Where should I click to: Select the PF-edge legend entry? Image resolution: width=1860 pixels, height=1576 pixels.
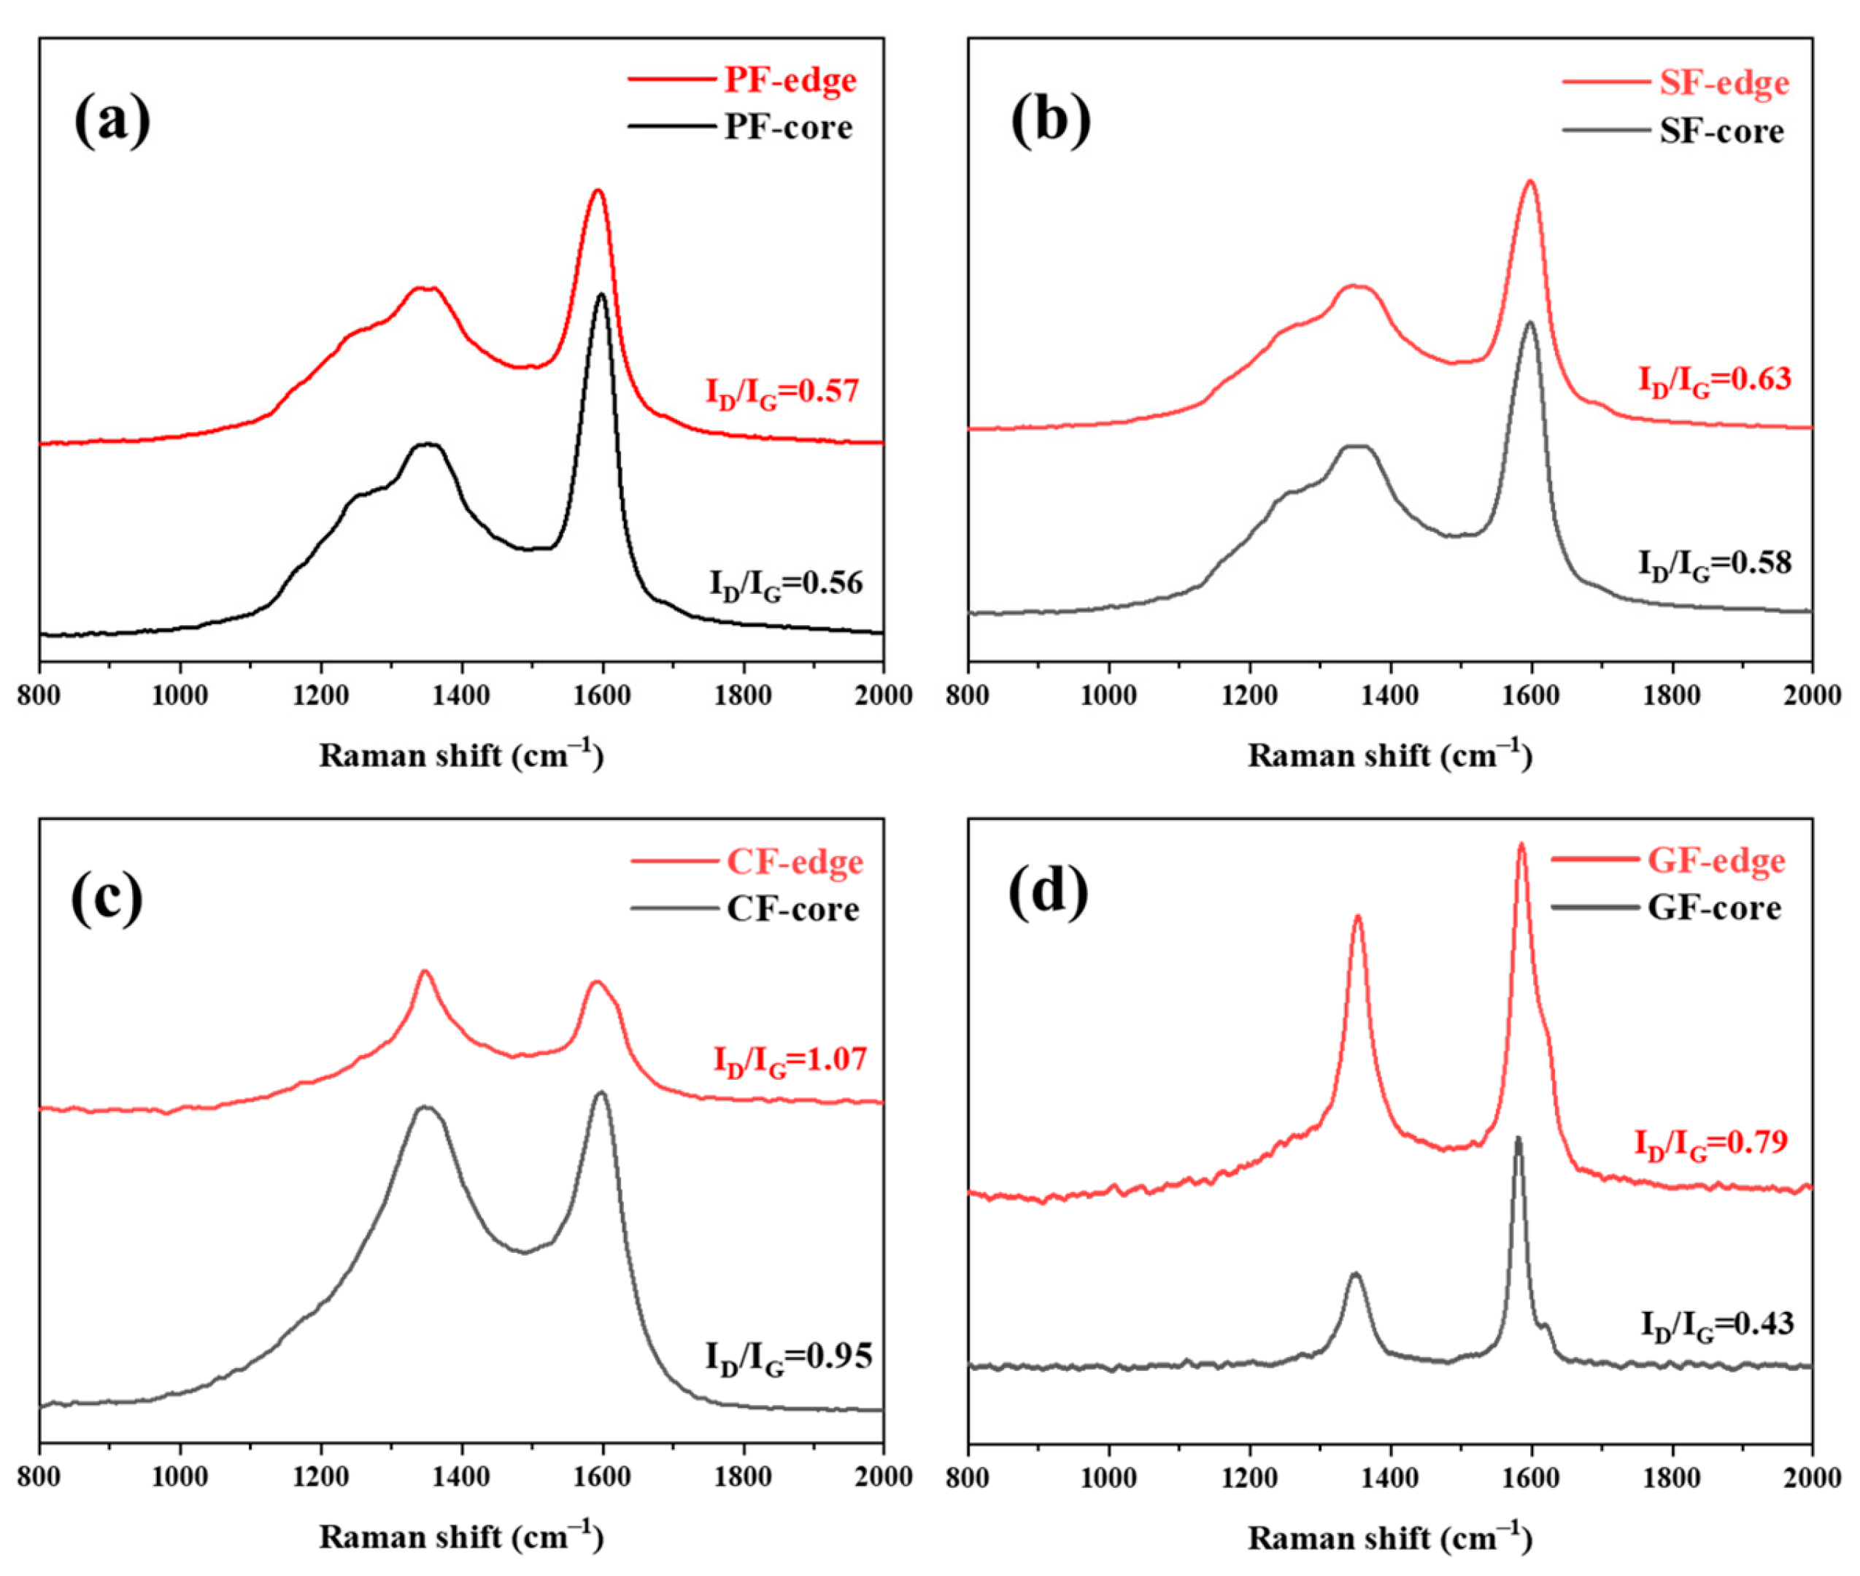pyautogui.click(x=789, y=80)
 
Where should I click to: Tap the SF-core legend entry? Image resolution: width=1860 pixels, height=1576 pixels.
pyautogui.click(x=1721, y=131)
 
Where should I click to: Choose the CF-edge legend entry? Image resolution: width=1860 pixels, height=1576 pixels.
pyautogui.click(x=794, y=862)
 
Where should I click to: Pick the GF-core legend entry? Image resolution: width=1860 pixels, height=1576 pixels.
pyautogui.click(x=1713, y=908)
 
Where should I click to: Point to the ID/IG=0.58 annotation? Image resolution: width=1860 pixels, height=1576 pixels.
pyautogui.click(x=1713, y=564)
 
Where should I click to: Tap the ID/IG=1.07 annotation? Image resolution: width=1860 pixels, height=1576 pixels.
pyautogui.click(x=789, y=1060)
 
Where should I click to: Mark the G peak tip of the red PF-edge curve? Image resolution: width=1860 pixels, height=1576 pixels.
pyautogui.click(x=598, y=190)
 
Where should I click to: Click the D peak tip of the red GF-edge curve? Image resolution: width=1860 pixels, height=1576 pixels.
pyautogui.click(x=1357, y=916)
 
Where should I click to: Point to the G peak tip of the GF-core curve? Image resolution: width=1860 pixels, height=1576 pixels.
pyautogui.click(x=1517, y=1138)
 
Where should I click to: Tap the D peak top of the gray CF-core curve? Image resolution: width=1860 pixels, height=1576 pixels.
pyautogui.click(x=425, y=1108)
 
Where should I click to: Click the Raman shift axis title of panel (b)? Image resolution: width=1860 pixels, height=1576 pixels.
pyautogui.click(x=1390, y=756)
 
